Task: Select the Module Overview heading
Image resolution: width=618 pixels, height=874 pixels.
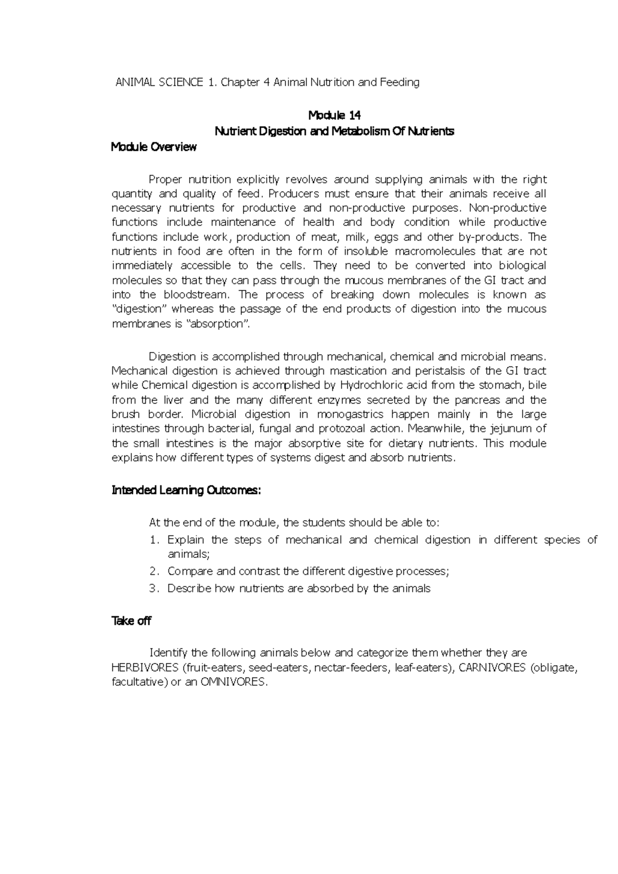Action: click(x=154, y=147)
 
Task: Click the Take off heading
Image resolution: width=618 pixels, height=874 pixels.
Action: click(x=131, y=621)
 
